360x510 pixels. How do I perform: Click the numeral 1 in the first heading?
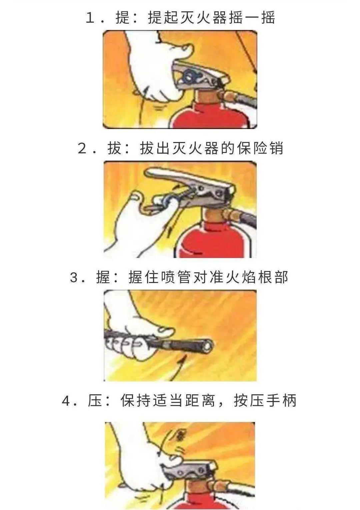pos(90,18)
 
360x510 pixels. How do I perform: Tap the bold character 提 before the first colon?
pos(123,18)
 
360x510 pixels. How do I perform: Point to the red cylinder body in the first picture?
pos(211,116)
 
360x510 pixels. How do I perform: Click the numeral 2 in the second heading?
pos(82,149)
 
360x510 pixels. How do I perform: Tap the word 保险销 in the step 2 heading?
pos(260,148)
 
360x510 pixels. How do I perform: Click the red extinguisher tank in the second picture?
pos(214,241)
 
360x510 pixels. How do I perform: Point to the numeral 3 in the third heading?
pos(74,278)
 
